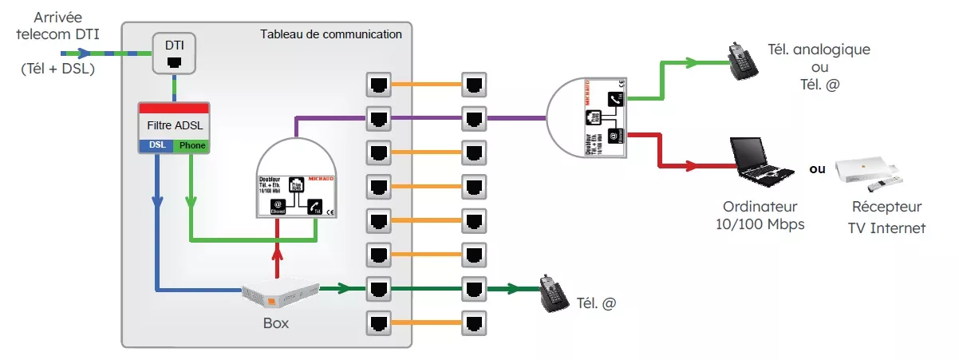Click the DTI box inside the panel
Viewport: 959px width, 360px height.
[175, 52]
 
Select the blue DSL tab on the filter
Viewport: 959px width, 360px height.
[156, 145]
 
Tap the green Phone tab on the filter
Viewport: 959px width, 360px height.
[191, 145]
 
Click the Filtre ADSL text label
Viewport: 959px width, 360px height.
[173, 125]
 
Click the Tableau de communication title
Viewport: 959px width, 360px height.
[331, 34]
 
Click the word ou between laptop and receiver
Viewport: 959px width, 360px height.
[817, 170]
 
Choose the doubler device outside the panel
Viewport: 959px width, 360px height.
[589, 117]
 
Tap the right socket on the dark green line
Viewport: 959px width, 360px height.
[474, 288]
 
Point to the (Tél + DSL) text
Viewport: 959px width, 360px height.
[57, 69]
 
